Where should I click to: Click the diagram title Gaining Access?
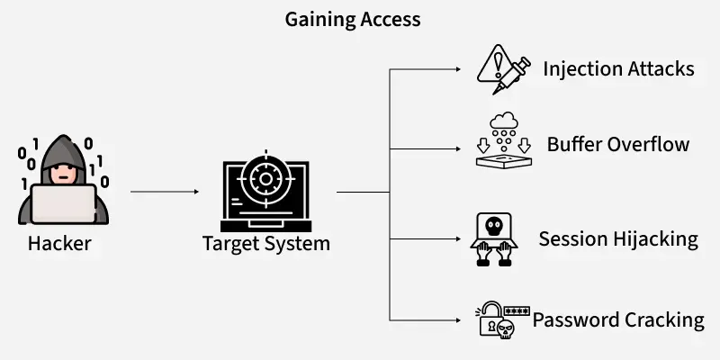(x=353, y=19)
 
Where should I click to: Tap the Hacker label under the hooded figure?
(x=59, y=243)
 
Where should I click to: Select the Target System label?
(x=265, y=243)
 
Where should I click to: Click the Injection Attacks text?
(x=618, y=68)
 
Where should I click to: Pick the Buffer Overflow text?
(x=618, y=144)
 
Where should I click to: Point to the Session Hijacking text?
(x=618, y=238)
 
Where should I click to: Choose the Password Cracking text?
(x=618, y=319)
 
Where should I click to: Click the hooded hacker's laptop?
(x=63, y=203)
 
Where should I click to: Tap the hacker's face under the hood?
(x=62, y=171)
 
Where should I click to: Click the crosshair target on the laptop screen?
(x=265, y=177)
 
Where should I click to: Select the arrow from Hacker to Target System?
(x=164, y=192)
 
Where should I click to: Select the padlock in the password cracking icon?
(x=490, y=320)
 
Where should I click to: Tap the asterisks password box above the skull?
(x=517, y=311)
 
